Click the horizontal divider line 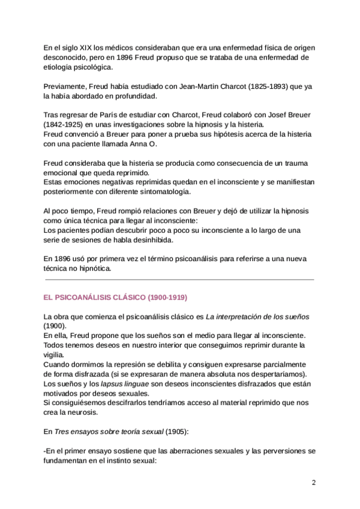tap(179, 280)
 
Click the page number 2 tap(313, 483)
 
